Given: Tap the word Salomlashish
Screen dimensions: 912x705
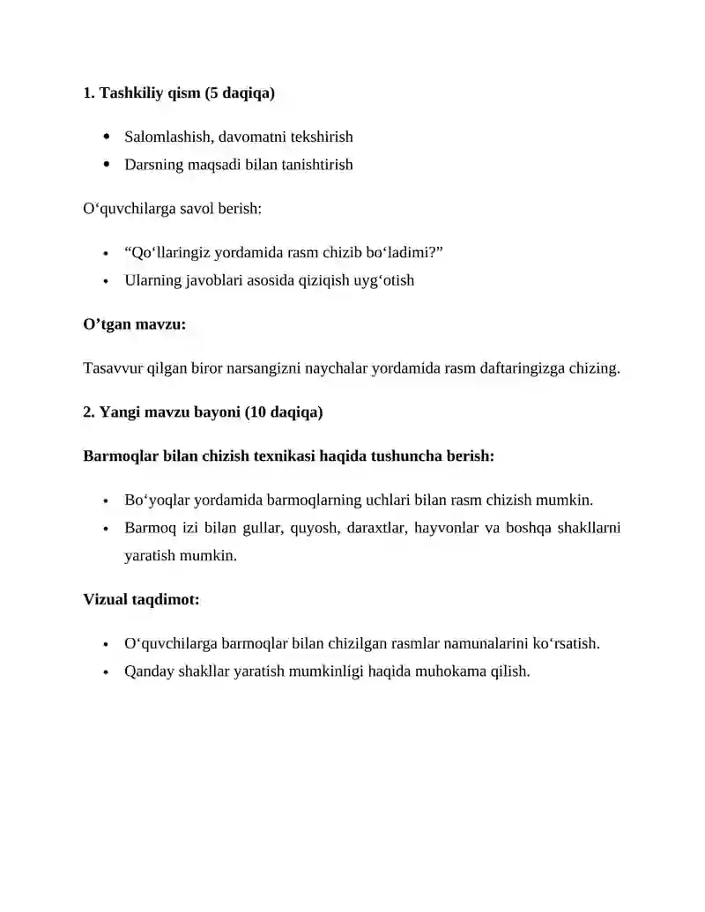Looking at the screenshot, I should click(168, 137).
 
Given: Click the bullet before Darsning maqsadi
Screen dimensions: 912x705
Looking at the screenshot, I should click(107, 164).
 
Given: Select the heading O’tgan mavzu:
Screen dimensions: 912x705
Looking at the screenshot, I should click(134, 324).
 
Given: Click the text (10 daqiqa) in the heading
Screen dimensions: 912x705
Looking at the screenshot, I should click(285, 412).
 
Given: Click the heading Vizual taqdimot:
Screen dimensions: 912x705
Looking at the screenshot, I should click(141, 599).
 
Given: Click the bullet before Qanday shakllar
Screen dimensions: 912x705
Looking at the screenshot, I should click(106, 671).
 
